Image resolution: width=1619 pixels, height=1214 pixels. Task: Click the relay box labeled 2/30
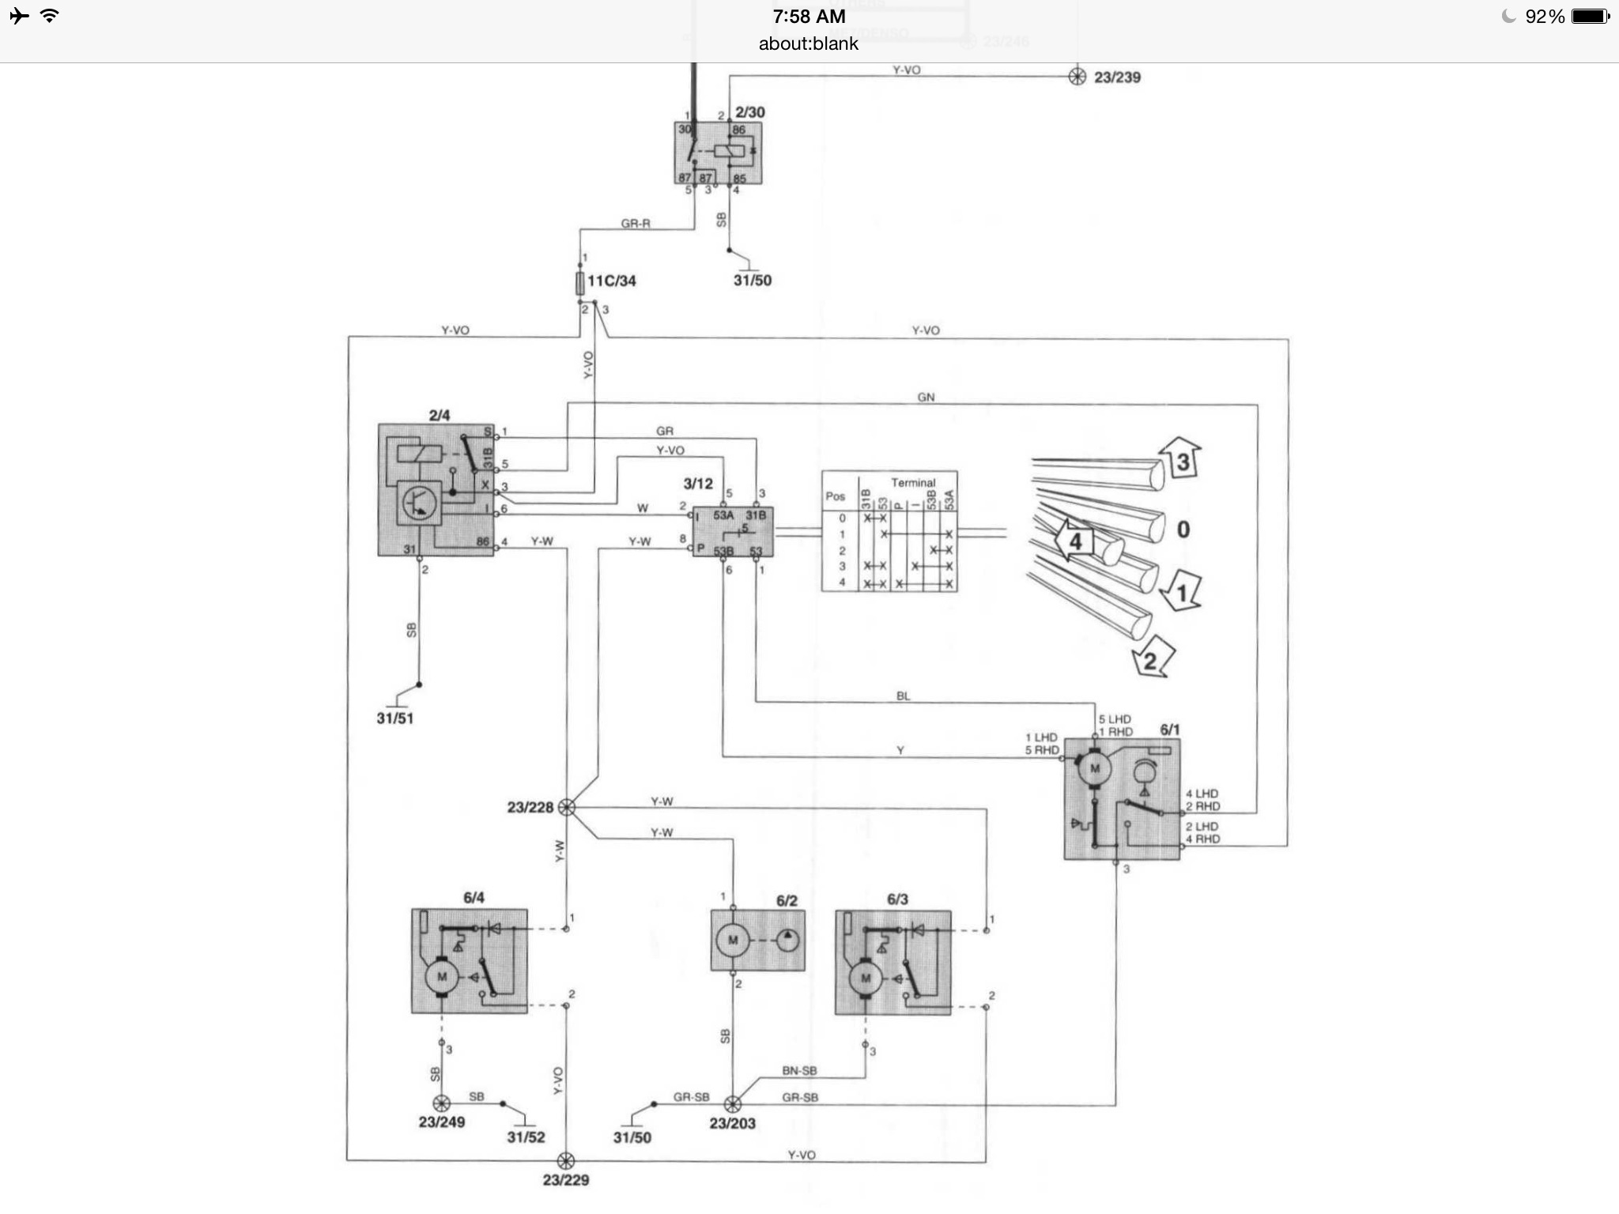[x=718, y=153]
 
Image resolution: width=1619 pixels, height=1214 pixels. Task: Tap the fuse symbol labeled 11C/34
[x=580, y=282]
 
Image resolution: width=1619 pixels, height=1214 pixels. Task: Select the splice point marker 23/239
[x=1077, y=77]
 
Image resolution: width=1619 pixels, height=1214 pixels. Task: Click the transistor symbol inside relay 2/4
[x=418, y=503]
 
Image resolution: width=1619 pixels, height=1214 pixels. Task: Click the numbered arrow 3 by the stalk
[x=1181, y=459]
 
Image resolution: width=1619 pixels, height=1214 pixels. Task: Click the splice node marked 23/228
[x=566, y=807]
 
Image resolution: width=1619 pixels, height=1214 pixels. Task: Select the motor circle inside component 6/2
[x=732, y=941]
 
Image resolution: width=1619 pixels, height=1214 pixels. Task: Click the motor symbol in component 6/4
[x=441, y=977]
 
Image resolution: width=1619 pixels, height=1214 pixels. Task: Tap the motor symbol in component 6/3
[x=865, y=978]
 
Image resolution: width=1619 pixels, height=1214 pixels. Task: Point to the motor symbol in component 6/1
[x=1095, y=768]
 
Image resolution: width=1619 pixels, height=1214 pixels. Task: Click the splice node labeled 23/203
[x=733, y=1103]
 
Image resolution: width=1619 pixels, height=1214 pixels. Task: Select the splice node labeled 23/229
[x=566, y=1160]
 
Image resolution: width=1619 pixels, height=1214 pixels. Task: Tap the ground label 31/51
[x=394, y=718]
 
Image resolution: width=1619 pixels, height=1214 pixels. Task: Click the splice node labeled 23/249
[x=441, y=1103]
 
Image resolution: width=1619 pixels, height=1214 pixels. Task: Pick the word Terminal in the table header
[x=913, y=482]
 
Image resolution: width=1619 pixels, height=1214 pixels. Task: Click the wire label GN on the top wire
[x=926, y=397]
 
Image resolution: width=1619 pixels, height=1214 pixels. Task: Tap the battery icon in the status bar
[x=1589, y=17]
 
